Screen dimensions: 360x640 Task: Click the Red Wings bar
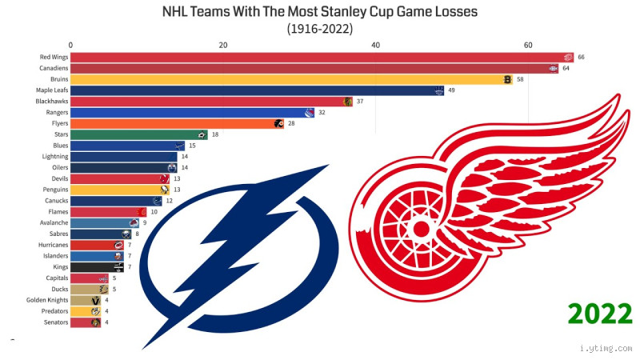(x=320, y=58)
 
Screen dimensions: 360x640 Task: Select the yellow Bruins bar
(x=288, y=80)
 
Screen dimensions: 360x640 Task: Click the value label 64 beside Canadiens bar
(x=566, y=69)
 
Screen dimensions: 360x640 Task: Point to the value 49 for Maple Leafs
(x=451, y=91)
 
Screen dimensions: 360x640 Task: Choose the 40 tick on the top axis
(x=376, y=46)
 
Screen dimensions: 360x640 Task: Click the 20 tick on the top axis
(x=223, y=46)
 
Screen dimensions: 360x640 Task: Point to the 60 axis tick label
(x=528, y=46)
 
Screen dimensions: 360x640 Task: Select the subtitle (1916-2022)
(x=319, y=29)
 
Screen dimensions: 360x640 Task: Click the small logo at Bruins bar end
(x=507, y=80)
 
